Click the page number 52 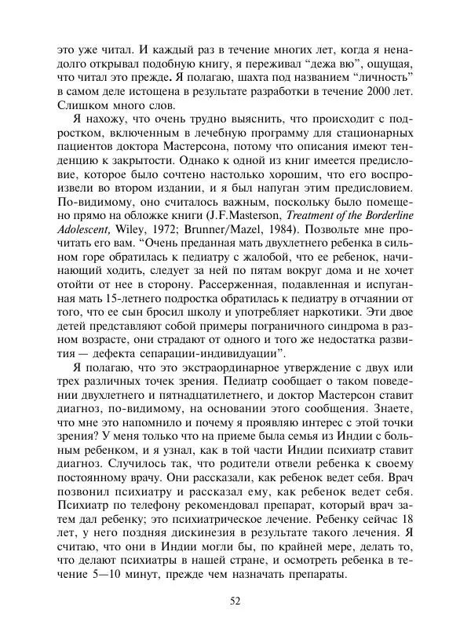point(235,601)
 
